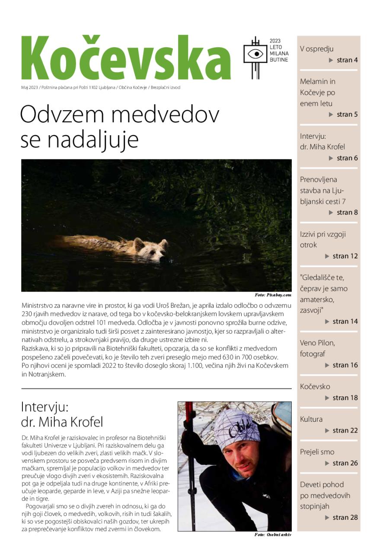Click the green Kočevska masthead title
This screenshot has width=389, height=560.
coord(125,58)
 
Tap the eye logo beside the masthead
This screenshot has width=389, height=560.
coord(255,54)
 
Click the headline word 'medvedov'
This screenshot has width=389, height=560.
coord(160,115)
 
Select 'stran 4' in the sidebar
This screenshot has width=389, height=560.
coord(347,60)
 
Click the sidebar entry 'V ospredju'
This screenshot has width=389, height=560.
coord(317,49)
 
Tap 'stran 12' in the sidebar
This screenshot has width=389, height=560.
coord(345,256)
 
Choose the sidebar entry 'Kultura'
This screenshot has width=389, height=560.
coord(311,419)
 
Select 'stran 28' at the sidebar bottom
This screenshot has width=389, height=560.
coord(345,517)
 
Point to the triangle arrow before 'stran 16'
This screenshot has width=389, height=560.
coord(328,365)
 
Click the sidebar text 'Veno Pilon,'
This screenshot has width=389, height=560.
coord(317,343)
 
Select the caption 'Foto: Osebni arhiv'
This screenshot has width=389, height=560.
coord(273,535)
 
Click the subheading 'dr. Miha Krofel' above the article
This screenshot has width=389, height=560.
coord(62,422)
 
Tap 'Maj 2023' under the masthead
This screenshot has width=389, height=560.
coord(29,88)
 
